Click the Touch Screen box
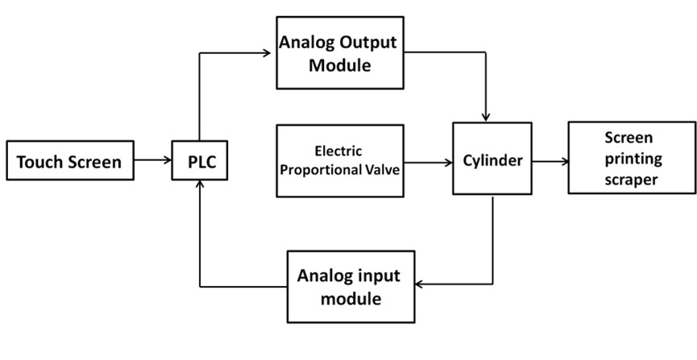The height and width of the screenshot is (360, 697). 69,162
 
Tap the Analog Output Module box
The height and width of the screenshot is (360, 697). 338,55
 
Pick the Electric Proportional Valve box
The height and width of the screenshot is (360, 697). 339,160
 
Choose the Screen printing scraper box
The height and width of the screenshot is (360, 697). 631,158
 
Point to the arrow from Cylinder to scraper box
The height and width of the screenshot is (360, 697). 550,160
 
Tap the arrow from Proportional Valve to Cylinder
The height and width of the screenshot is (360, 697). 427,161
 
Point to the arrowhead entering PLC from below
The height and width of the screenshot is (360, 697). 200,185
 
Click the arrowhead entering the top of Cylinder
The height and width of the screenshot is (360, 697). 486,118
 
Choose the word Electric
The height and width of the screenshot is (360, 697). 339,151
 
